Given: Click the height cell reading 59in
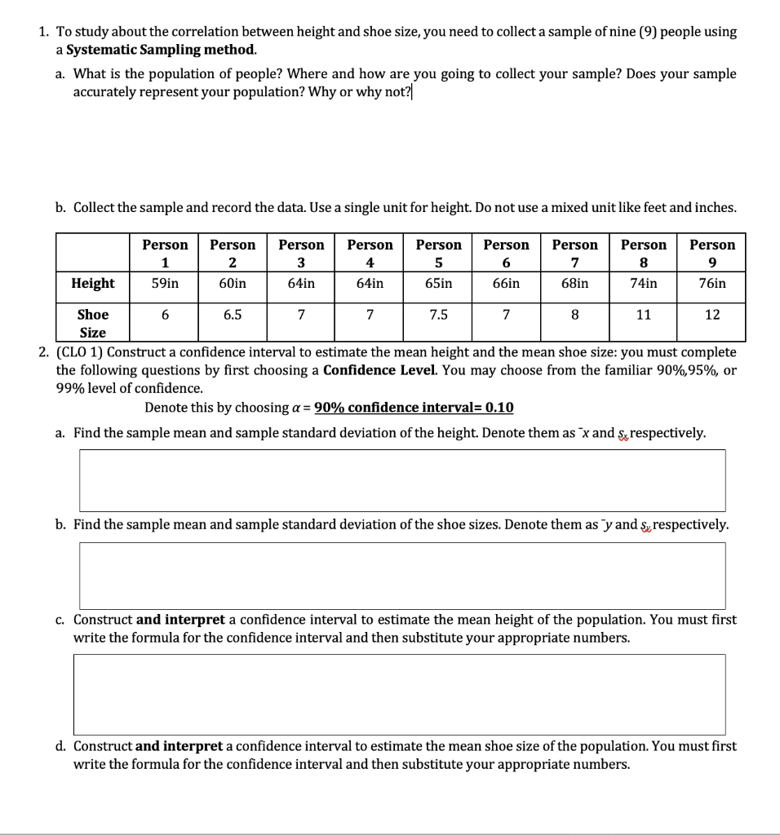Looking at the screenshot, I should (x=165, y=283).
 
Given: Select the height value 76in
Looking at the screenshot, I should (x=711, y=283).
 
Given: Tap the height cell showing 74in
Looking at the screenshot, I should (x=643, y=283).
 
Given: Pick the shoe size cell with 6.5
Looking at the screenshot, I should (x=233, y=315).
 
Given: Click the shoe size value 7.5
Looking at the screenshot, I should (x=438, y=315).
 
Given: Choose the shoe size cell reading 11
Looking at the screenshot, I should (x=643, y=315).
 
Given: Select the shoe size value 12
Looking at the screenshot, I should (x=711, y=315).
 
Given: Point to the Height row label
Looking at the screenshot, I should (x=93, y=283).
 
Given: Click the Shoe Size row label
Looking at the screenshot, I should (x=92, y=323).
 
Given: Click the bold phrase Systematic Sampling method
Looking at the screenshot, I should (x=162, y=50).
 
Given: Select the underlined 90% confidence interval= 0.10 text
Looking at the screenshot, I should (x=414, y=408).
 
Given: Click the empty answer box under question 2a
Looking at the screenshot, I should (x=401, y=480).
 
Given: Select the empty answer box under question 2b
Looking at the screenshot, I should (x=401, y=575).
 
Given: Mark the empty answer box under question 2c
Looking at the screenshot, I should (x=399, y=693).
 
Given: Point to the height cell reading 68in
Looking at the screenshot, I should (x=575, y=283).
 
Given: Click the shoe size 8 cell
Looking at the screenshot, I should (x=575, y=315).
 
